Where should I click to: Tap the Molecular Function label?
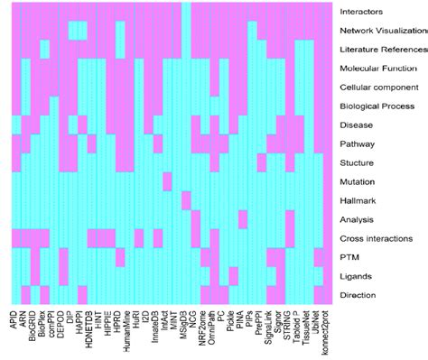click(377, 69)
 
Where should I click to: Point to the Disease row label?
click(358, 125)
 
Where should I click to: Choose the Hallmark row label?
click(359, 200)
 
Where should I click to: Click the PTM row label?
click(350, 257)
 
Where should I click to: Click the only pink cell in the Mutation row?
click(168, 181)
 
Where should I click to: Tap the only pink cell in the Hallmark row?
click(186, 200)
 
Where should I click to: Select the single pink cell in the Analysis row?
click(243, 219)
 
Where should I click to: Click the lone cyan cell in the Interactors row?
click(186, 12)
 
